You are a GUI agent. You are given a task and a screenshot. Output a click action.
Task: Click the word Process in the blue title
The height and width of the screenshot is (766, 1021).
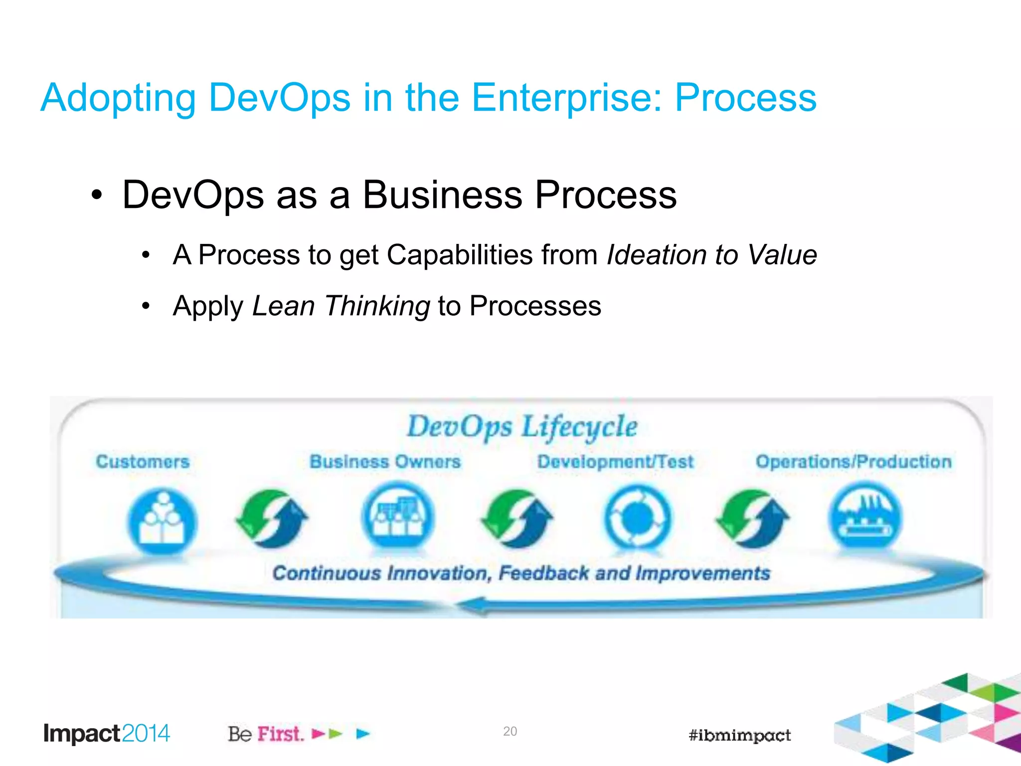(x=745, y=98)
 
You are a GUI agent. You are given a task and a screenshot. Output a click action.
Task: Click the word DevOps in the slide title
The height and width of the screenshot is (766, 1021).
(x=280, y=98)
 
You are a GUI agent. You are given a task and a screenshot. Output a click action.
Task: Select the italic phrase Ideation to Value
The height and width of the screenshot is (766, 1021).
(x=712, y=255)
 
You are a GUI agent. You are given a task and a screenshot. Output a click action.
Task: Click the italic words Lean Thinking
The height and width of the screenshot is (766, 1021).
(x=341, y=306)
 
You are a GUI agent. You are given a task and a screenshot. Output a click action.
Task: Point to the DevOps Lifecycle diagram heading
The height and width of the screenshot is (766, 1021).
(x=522, y=427)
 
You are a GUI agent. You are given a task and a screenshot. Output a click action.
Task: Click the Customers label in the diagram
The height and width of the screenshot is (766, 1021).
(x=143, y=462)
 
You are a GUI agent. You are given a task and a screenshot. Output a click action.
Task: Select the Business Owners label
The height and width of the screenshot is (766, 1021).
(x=385, y=462)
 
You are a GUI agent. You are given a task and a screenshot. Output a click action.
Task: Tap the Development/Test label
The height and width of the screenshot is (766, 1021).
(x=615, y=462)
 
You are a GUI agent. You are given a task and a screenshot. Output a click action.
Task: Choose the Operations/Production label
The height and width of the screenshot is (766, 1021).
(x=853, y=462)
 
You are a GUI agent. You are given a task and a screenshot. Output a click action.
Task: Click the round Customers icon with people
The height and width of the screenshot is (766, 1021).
(x=162, y=521)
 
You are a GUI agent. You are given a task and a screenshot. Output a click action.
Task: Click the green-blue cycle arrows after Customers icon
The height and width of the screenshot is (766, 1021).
(x=272, y=519)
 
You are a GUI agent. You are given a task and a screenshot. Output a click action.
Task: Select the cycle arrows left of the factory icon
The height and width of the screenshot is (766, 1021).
(x=753, y=519)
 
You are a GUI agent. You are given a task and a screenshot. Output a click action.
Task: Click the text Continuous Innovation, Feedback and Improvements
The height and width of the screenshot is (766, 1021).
(x=521, y=574)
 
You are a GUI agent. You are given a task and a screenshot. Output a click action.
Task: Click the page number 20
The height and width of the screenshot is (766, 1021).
(x=510, y=731)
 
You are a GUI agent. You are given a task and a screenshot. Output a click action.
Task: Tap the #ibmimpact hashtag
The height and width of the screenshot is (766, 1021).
(x=739, y=735)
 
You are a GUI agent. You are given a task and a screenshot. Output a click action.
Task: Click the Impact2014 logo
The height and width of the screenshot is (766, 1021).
(x=107, y=734)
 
